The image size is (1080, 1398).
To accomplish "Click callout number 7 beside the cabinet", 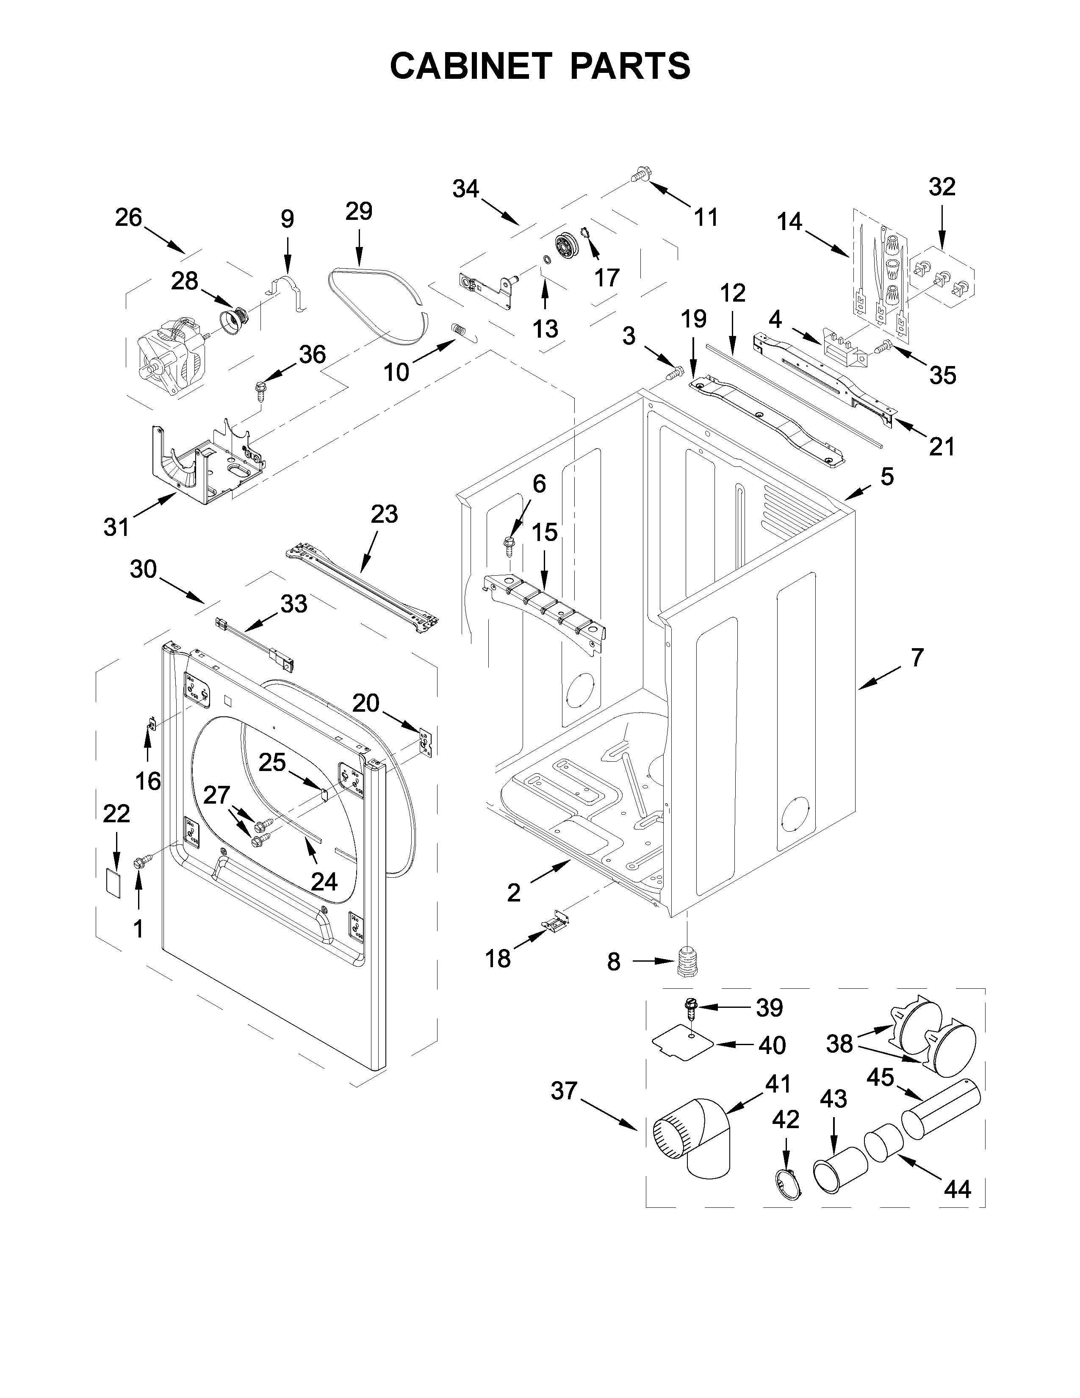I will (x=917, y=657).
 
